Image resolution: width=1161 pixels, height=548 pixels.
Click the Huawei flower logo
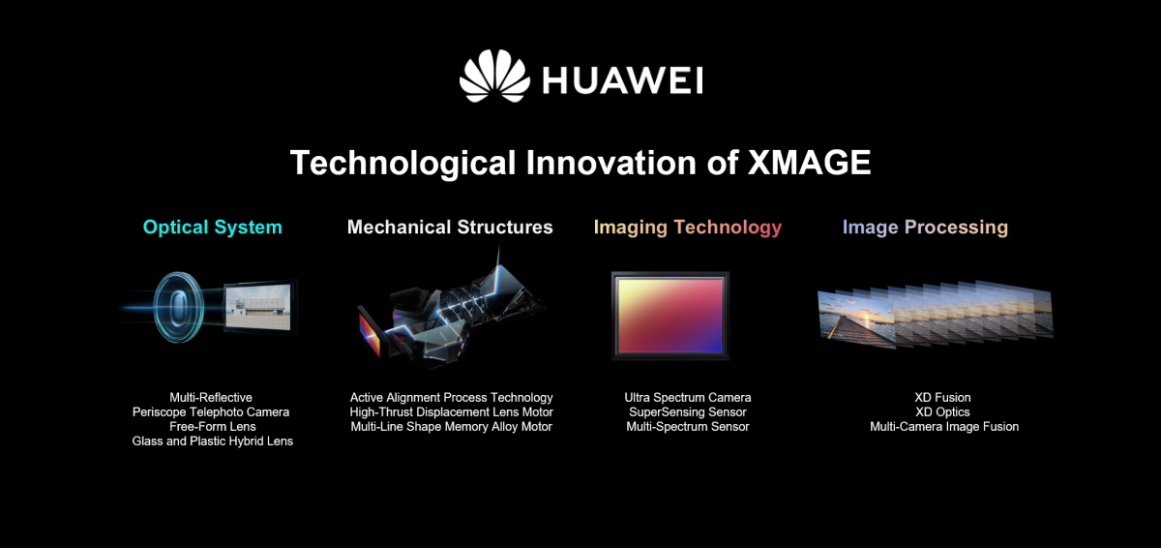coord(494,76)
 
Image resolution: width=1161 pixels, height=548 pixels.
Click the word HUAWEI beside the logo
coord(622,80)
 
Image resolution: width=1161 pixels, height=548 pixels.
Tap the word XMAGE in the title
coord(809,162)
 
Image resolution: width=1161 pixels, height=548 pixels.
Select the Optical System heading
coord(213,228)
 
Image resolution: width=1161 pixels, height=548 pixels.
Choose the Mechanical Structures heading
coord(450,228)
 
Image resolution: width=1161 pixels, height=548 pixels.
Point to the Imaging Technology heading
coord(687,228)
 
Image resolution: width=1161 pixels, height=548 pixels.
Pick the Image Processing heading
coord(925,228)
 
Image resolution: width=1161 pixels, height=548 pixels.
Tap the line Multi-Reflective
coord(211,398)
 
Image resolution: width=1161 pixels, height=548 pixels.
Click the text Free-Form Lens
coord(212,427)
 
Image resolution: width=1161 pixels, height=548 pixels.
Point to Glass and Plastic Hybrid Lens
coord(212,441)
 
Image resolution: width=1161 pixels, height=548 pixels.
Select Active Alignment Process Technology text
coord(451,398)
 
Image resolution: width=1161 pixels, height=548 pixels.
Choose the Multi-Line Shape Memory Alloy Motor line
coord(451,427)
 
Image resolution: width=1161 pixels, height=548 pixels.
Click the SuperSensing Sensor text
coord(687,412)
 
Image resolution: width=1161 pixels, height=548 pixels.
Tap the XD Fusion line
coord(942,398)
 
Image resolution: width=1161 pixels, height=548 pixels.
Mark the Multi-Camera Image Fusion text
coord(943,427)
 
